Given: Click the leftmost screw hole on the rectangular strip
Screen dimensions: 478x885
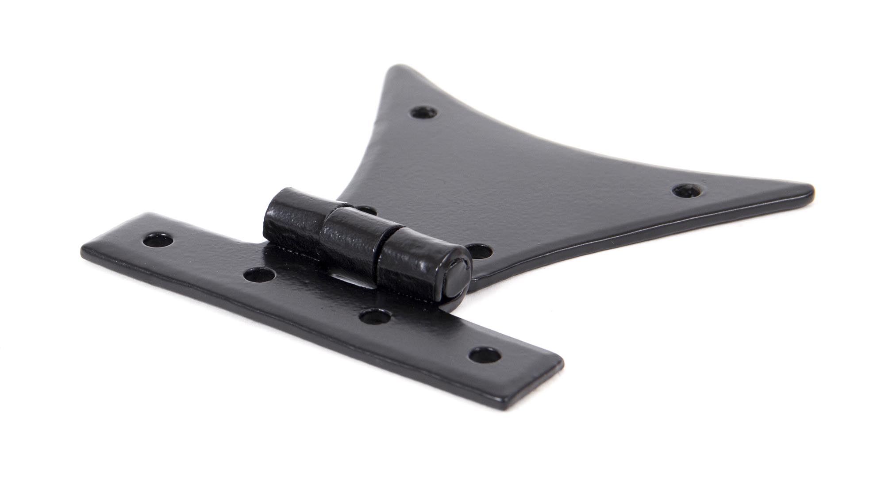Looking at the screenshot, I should tap(158, 240).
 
